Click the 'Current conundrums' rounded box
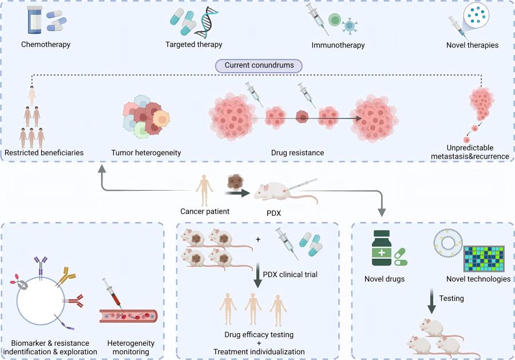(x=259, y=65)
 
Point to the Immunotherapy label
(x=338, y=45)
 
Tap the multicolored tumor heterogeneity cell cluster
(x=146, y=118)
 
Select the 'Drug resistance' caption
(x=298, y=153)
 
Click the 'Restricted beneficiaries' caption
(x=44, y=153)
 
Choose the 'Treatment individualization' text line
(x=259, y=351)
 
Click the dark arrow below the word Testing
(x=432, y=303)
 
